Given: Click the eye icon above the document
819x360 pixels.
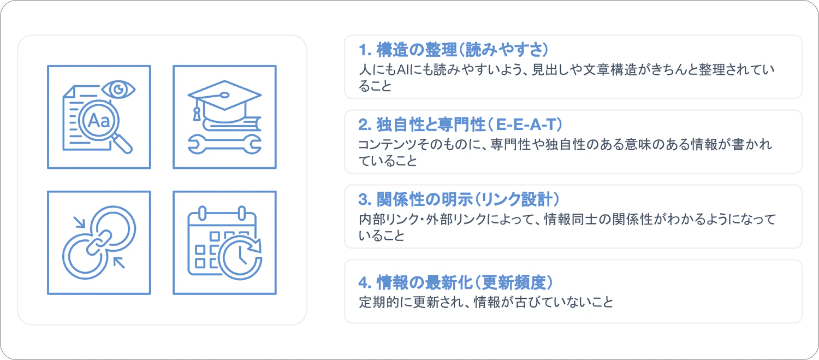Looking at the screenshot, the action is (x=118, y=90).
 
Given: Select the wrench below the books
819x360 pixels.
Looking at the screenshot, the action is (x=224, y=144).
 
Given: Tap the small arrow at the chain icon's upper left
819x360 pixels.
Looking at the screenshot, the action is (x=79, y=222).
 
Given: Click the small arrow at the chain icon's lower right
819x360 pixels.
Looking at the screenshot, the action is (x=119, y=263).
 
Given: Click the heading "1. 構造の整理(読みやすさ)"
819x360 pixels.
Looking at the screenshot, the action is (x=453, y=50).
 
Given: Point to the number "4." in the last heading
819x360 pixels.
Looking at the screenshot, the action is (x=365, y=283).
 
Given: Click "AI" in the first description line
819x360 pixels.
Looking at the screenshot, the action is (x=402, y=69).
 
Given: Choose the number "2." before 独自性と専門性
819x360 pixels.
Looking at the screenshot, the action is (x=365, y=125).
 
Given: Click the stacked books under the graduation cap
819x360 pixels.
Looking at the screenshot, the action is (x=232, y=123).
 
